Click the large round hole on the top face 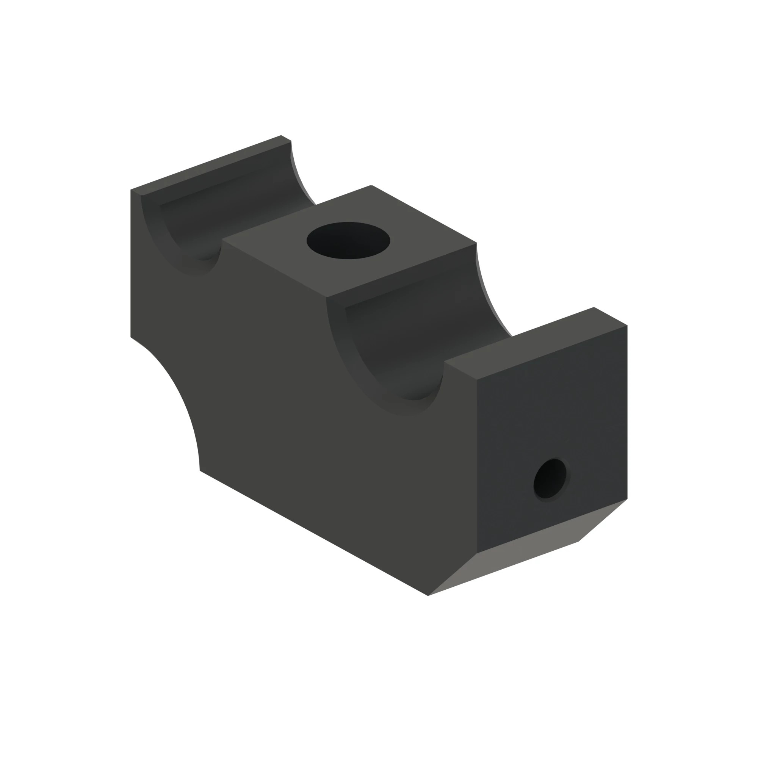[x=348, y=241]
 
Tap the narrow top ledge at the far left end [x=212, y=165]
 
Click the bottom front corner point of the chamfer [x=428, y=595]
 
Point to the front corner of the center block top [x=326, y=298]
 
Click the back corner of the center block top [x=371, y=186]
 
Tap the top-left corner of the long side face [x=131, y=190]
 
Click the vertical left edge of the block [x=131, y=263]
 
